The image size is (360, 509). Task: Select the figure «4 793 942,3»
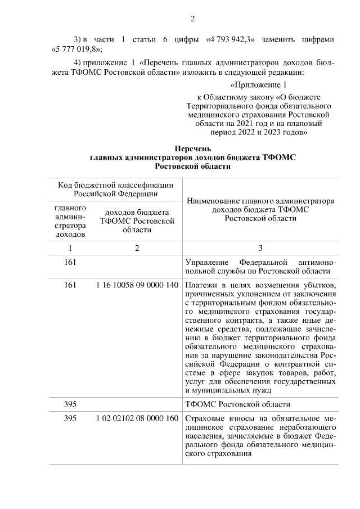230,39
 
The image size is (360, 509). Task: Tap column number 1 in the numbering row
70,248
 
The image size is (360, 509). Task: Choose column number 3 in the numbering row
260,248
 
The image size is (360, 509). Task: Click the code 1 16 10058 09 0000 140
137,285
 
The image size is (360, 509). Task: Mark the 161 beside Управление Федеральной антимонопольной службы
70,262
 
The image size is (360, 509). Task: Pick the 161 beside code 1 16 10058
70,285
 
